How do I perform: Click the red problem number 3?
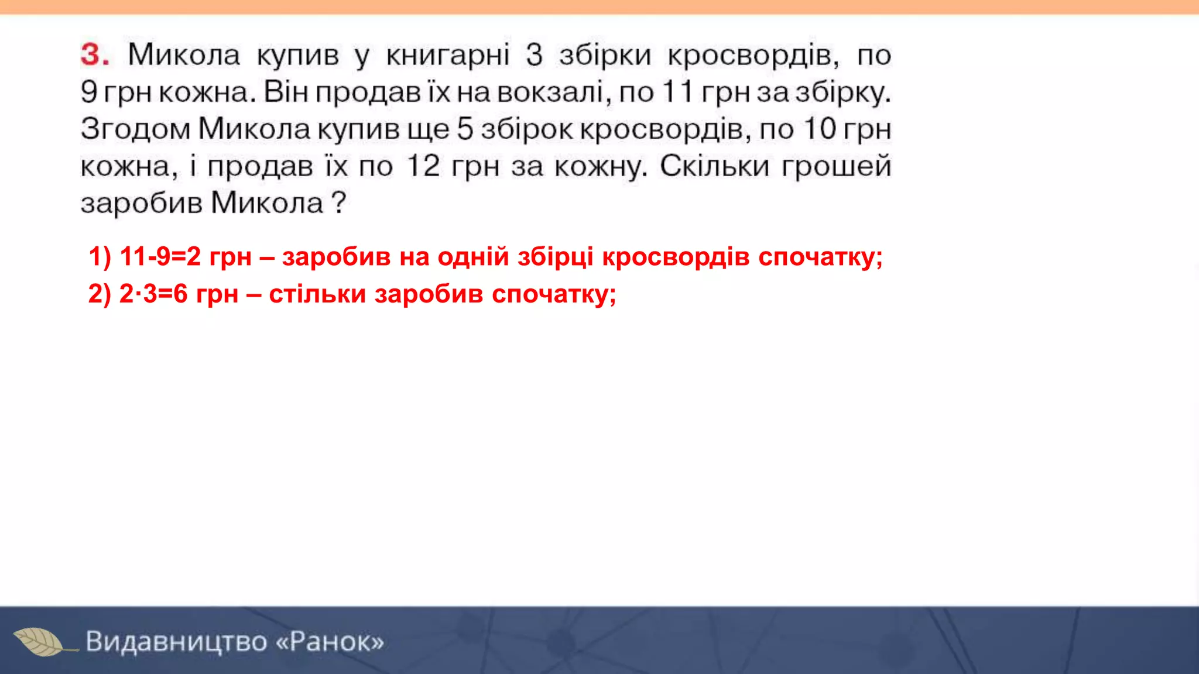pos(94,55)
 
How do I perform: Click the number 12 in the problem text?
pos(423,166)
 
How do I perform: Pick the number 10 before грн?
pos(820,129)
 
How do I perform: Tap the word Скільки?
pos(714,166)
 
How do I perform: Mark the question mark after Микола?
pos(339,203)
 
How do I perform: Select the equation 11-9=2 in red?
pos(160,257)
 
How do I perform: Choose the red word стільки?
pos(317,294)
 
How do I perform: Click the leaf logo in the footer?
pos(39,642)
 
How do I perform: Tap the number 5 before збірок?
pos(465,129)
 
